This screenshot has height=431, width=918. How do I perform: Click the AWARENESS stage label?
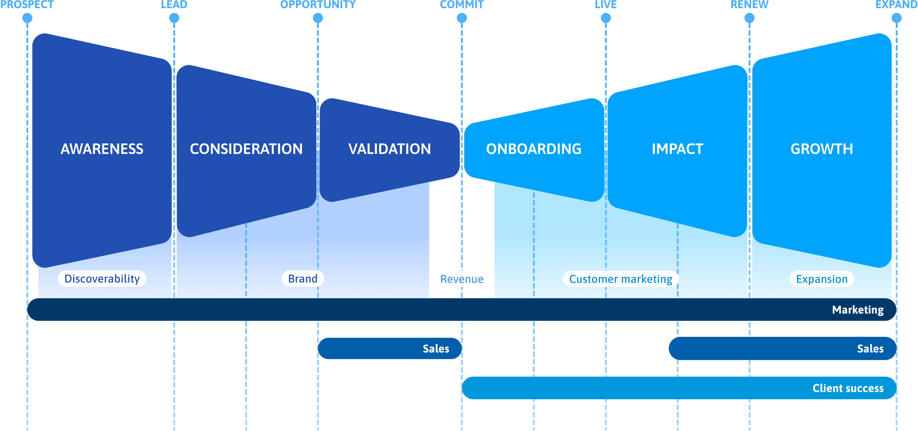coord(102,149)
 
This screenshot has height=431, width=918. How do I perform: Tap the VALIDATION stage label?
coord(389,149)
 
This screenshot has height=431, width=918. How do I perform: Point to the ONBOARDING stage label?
coord(534,149)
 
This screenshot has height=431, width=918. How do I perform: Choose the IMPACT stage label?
coord(678,149)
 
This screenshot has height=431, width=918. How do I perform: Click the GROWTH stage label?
coord(822,149)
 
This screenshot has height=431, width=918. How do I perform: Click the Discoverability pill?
coord(102,279)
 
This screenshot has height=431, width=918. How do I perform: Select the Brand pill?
coord(303,279)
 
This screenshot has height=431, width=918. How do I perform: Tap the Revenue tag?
coord(462,279)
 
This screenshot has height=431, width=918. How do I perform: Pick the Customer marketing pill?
coord(621,279)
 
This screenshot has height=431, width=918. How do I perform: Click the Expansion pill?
coord(822,279)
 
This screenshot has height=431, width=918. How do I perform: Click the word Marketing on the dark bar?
coord(858,310)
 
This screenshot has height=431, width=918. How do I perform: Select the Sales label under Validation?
coord(436,349)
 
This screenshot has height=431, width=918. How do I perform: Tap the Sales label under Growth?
coord(870,349)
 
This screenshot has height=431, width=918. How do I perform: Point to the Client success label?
coord(848,388)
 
